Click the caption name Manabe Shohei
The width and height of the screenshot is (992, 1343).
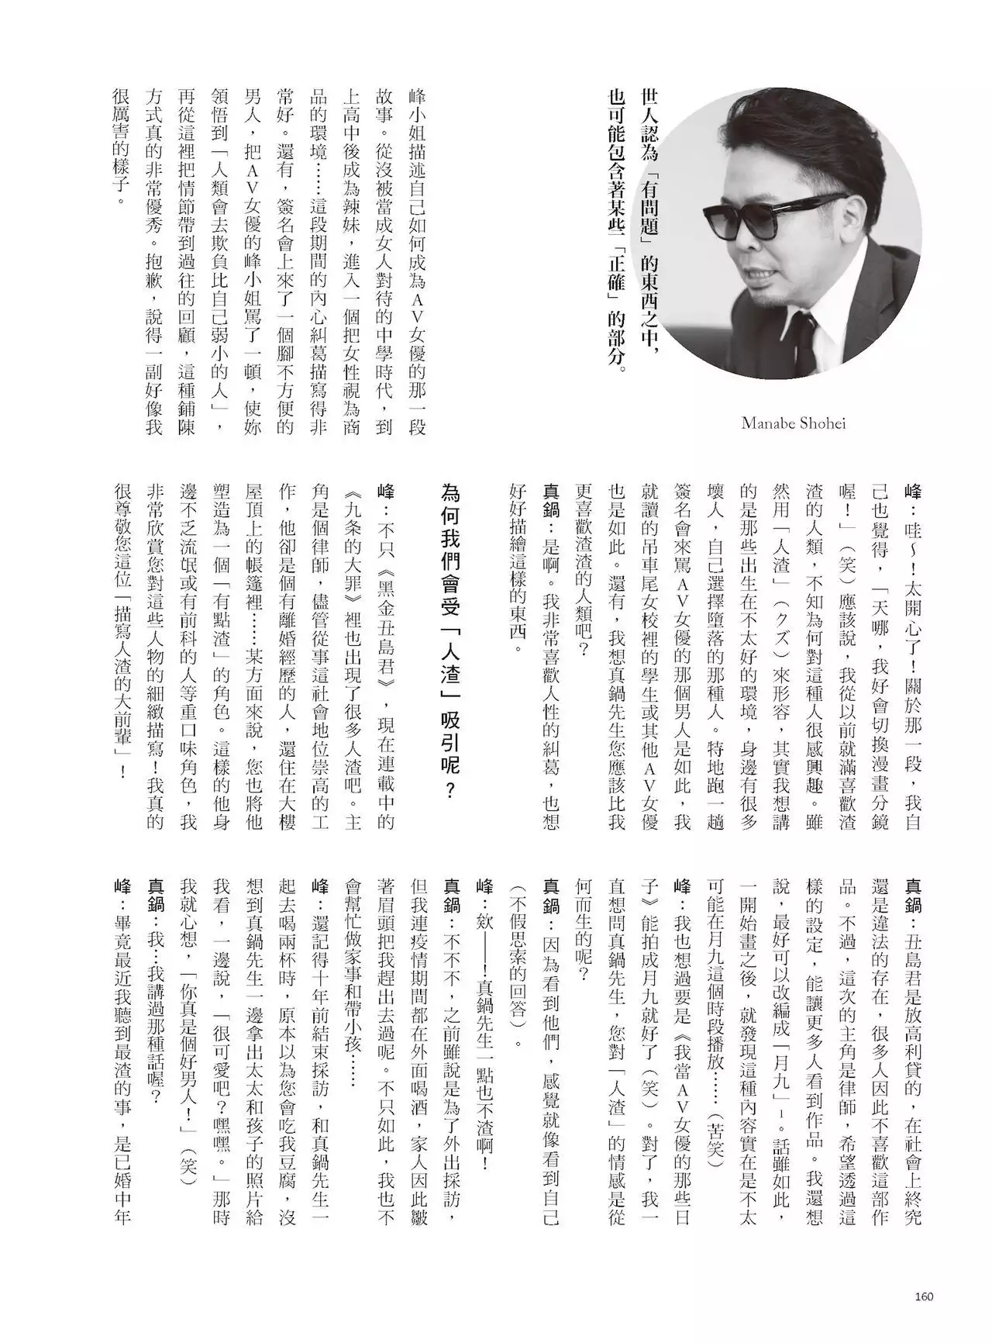(x=793, y=423)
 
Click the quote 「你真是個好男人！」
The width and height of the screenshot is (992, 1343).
(x=188, y=1044)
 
